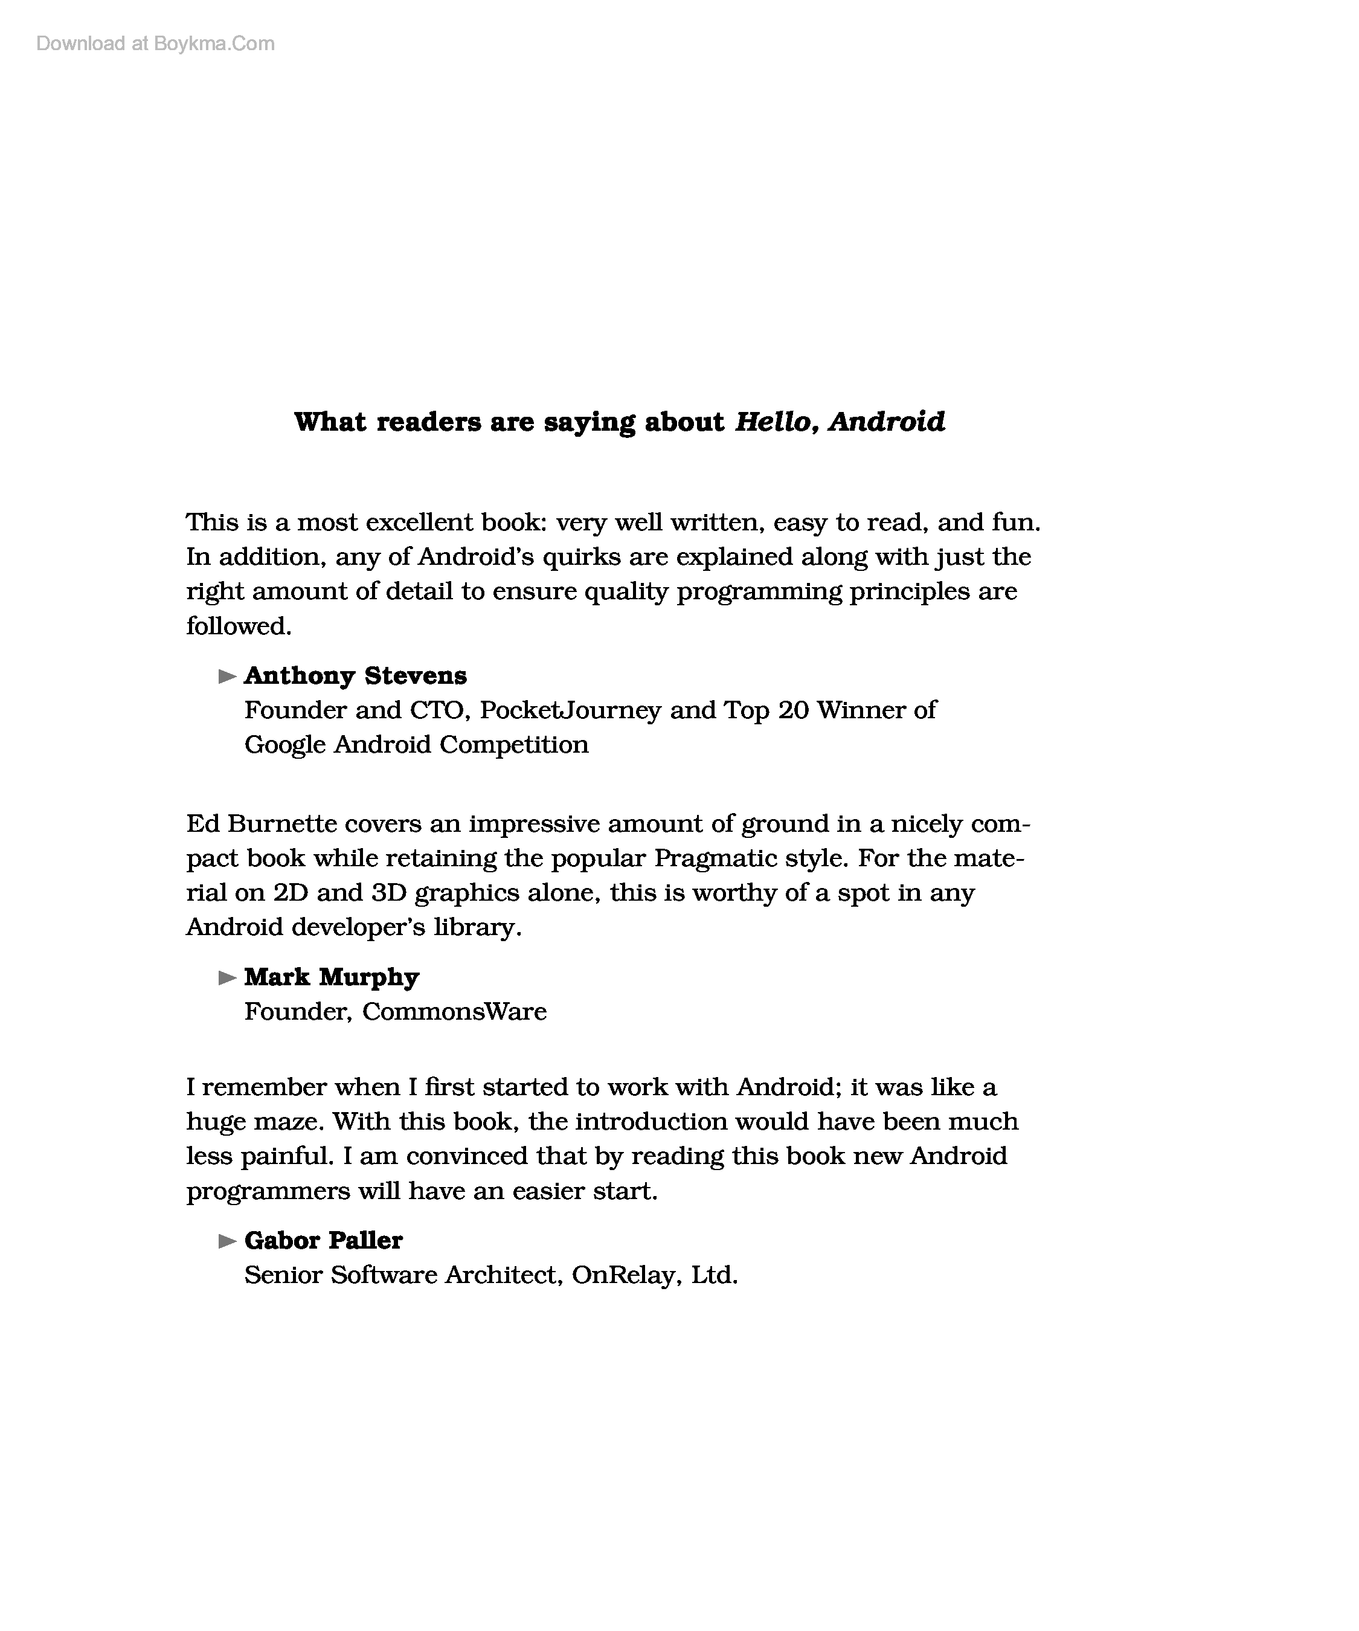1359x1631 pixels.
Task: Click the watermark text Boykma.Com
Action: [x=214, y=43]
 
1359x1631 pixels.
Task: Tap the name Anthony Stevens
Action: [x=356, y=676]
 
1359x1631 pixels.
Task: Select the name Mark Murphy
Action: [x=332, y=977]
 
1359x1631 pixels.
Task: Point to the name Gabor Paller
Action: [x=323, y=1240]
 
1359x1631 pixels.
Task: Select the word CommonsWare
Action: [x=454, y=1012]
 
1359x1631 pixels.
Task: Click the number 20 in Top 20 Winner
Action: [x=793, y=710]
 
